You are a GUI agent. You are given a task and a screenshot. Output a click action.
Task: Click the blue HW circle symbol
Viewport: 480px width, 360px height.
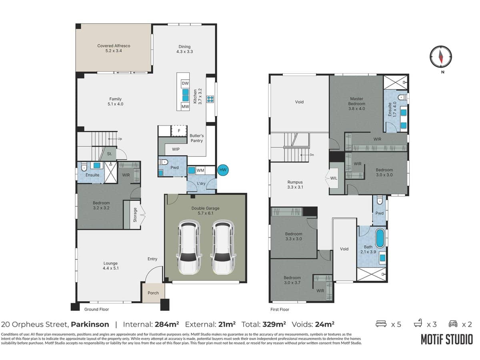pos(223,170)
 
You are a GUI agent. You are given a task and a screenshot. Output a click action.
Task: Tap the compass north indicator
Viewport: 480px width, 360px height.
pos(440,56)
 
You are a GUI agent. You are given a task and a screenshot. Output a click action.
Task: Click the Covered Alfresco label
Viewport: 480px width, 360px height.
pos(114,48)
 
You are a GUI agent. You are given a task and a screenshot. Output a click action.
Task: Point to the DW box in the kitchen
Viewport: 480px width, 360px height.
pos(185,83)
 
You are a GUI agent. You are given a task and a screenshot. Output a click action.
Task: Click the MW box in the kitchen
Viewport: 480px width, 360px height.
pos(185,107)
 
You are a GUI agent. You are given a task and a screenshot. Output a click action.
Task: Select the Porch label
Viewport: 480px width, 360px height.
pos(153,293)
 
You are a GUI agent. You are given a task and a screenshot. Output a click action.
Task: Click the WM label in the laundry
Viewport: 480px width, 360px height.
pos(200,170)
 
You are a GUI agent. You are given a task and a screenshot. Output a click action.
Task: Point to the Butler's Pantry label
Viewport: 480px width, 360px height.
pos(196,138)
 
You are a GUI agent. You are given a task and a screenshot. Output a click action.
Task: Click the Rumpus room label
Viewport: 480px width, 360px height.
pos(295,184)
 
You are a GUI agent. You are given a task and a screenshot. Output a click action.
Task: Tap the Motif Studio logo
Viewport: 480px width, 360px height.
pos(446,339)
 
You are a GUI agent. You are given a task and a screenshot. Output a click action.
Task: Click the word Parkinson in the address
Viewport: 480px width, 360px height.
pos(90,324)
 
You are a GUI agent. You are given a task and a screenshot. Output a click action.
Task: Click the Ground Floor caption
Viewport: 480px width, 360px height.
pos(96,309)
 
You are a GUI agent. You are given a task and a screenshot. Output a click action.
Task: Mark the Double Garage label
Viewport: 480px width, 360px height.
pos(205,210)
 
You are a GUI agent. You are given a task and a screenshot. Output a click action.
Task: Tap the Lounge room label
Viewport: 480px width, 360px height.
pos(110,266)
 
